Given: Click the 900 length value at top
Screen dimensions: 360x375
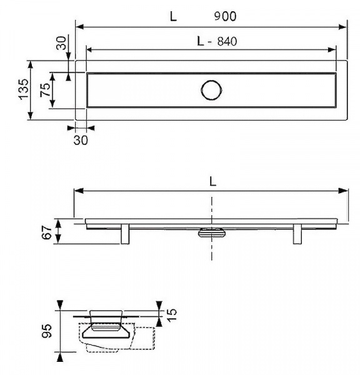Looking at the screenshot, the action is pyautogui.click(x=225, y=16).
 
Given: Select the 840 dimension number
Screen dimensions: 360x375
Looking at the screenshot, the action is pyautogui.click(x=227, y=41).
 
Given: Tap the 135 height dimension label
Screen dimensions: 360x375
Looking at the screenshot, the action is pyautogui.click(x=24, y=89).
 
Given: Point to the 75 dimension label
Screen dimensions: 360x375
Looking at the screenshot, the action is pyautogui.click(x=45, y=89).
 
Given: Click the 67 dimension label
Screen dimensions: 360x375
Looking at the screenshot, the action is pyautogui.click(x=47, y=232).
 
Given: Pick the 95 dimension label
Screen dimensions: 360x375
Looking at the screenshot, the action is pyautogui.click(x=47, y=331).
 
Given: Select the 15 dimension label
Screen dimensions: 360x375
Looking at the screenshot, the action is pyautogui.click(x=172, y=315).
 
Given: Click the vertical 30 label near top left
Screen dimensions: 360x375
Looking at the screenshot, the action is pyautogui.click(x=61, y=43).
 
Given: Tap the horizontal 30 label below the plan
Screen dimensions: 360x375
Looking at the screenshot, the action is pyautogui.click(x=81, y=140).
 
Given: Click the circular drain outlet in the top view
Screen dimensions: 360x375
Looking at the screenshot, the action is pyautogui.click(x=211, y=90).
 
